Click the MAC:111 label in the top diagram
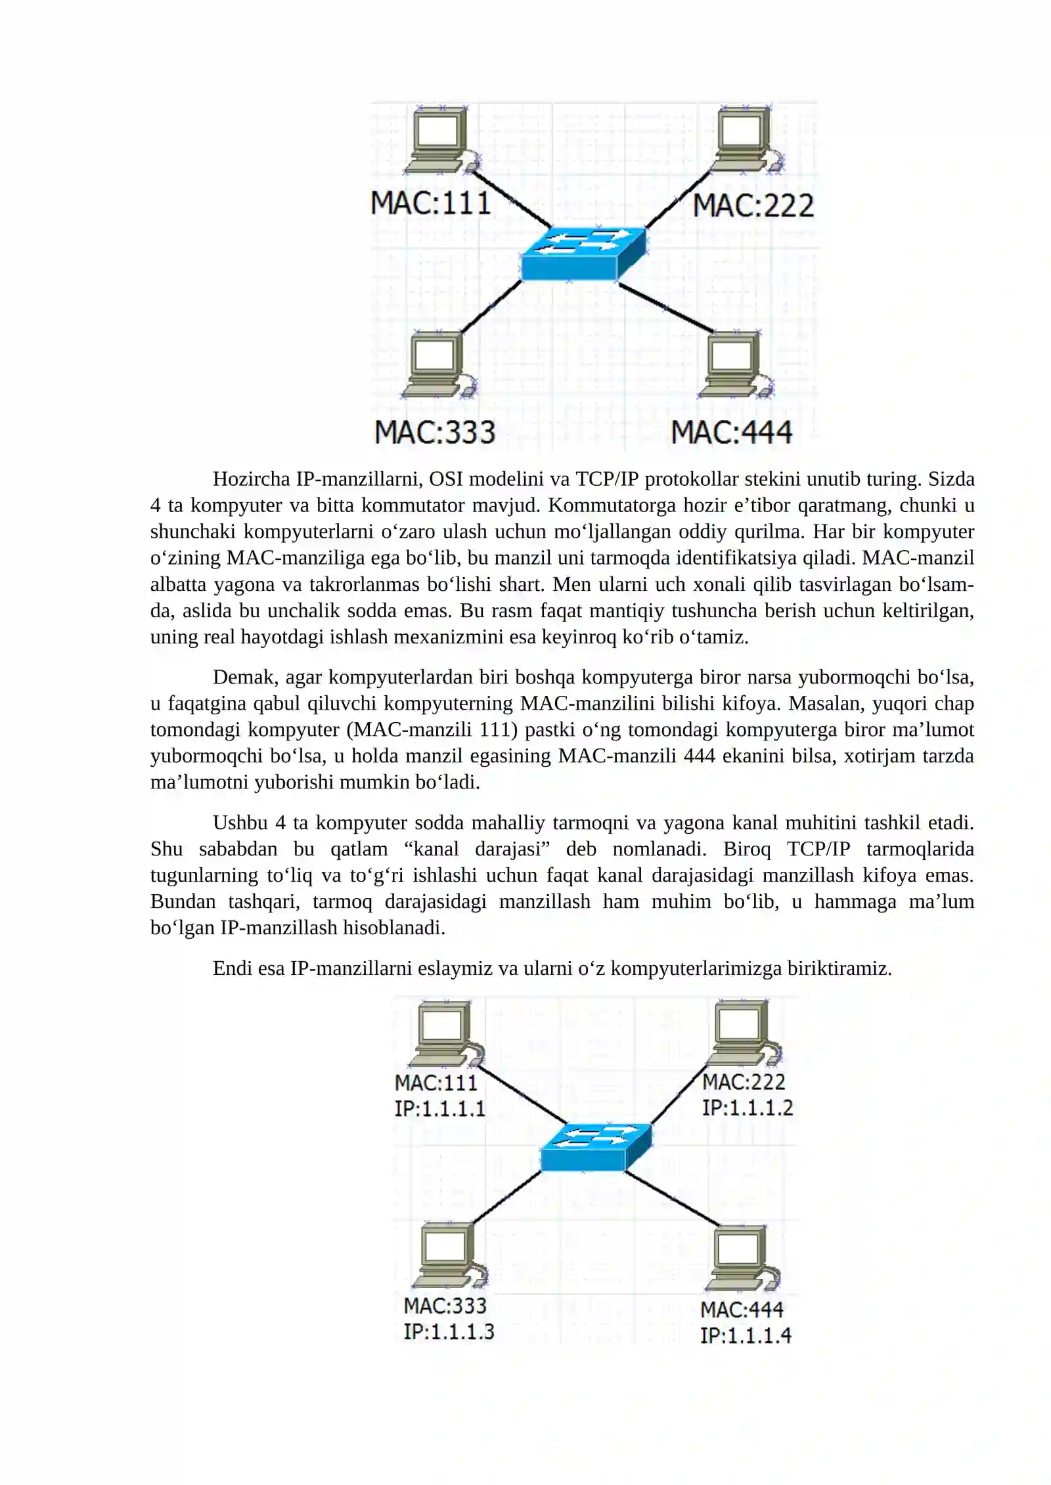coord(431,202)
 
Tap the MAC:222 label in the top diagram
coord(753,205)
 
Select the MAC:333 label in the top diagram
coord(435,432)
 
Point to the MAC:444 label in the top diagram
coord(732,432)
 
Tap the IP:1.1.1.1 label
coord(439,1109)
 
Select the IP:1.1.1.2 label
coord(748,1108)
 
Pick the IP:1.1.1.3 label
coord(449,1331)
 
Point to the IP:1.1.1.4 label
coord(746,1335)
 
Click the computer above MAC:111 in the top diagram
coord(442,139)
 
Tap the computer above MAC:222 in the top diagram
coord(746,139)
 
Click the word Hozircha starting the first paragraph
coord(251,479)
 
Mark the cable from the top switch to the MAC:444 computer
coord(665,307)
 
